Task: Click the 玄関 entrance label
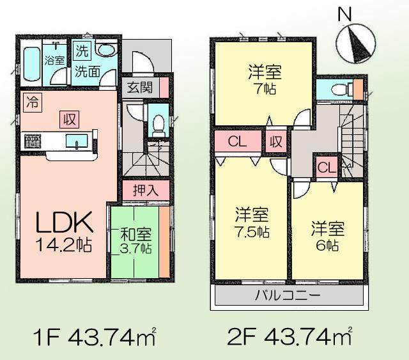pos(139,88)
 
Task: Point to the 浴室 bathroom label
pos(54,61)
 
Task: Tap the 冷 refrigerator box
pos(30,101)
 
